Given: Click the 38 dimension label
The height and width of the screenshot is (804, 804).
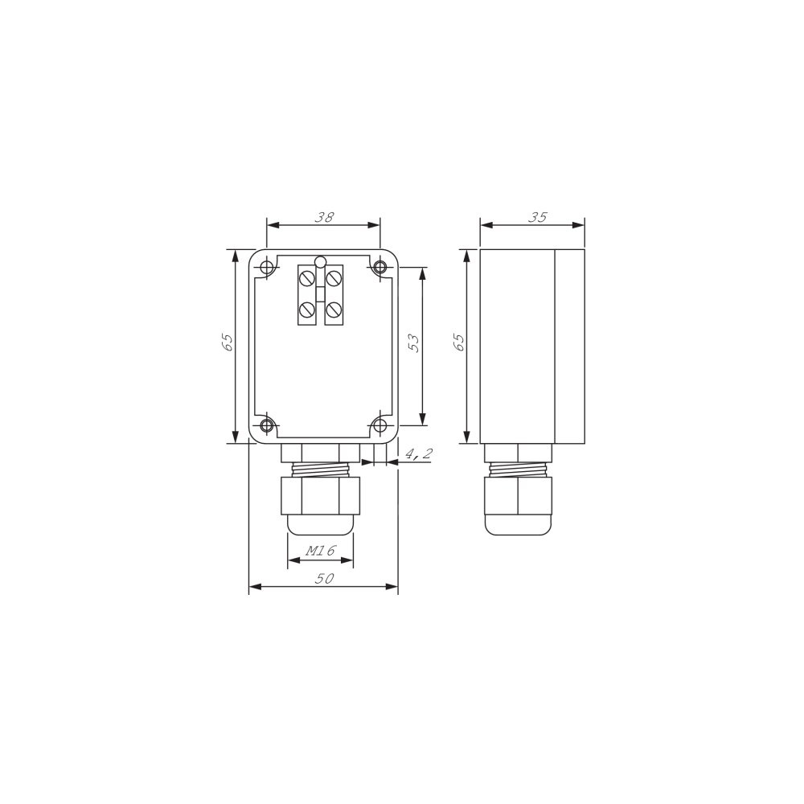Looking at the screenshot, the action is [x=324, y=217].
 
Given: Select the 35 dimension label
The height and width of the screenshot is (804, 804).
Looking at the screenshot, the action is [x=537, y=217].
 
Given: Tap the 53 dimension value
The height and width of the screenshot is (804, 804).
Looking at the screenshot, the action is [x=414, y=343].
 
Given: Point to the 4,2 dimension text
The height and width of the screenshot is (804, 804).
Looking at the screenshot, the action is [x=419, y=453].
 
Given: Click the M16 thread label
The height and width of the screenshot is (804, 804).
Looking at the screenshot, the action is [x=321, y=551].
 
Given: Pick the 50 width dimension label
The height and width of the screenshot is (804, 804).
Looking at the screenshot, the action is [x=324, y=578].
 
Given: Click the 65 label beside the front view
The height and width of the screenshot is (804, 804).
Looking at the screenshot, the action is [x=228, y=343].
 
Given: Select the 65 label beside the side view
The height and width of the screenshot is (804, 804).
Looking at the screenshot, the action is [x=459, y=343].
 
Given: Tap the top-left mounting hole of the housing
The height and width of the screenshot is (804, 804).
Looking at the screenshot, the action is [x=267, y=267].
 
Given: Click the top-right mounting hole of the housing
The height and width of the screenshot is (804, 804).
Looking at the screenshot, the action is [x=380, y=267].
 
